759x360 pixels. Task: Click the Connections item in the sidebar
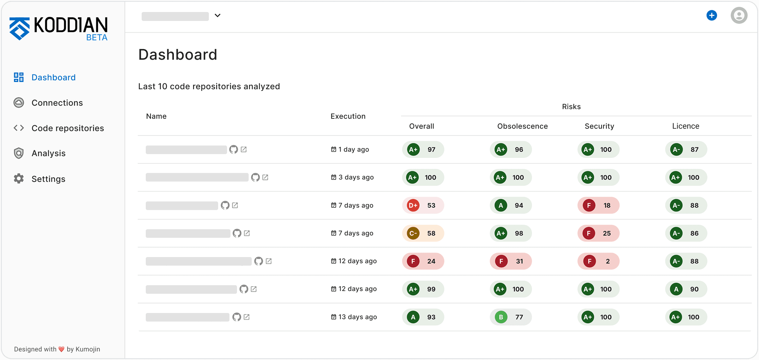coord(57,103)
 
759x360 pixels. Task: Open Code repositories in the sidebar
coord(68,128)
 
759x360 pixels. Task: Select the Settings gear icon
coord(19,178)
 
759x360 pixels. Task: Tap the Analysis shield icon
coord(19,153)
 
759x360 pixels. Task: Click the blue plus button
coord(712,15)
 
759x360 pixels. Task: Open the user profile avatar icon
coord(739,15)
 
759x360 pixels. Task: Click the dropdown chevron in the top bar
coord(217,15)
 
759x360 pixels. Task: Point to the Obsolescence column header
coord(522,126)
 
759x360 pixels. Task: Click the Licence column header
coord(685,126)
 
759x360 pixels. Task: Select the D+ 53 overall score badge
coord(423,205)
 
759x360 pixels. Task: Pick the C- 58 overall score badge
coord(423,233)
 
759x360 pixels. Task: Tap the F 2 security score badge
coord(598,261)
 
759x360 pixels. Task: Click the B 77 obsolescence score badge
coord(511,317)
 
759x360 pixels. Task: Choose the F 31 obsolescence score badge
coord(511,261)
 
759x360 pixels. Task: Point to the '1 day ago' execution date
coord(353,149)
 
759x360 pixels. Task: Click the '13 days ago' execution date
coord(357,317)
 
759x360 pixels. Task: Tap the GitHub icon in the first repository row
coord(234,149)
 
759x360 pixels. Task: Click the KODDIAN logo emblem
coord(20,28)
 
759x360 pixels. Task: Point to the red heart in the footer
coord(61,349)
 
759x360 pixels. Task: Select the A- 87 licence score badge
coord(686,149)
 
